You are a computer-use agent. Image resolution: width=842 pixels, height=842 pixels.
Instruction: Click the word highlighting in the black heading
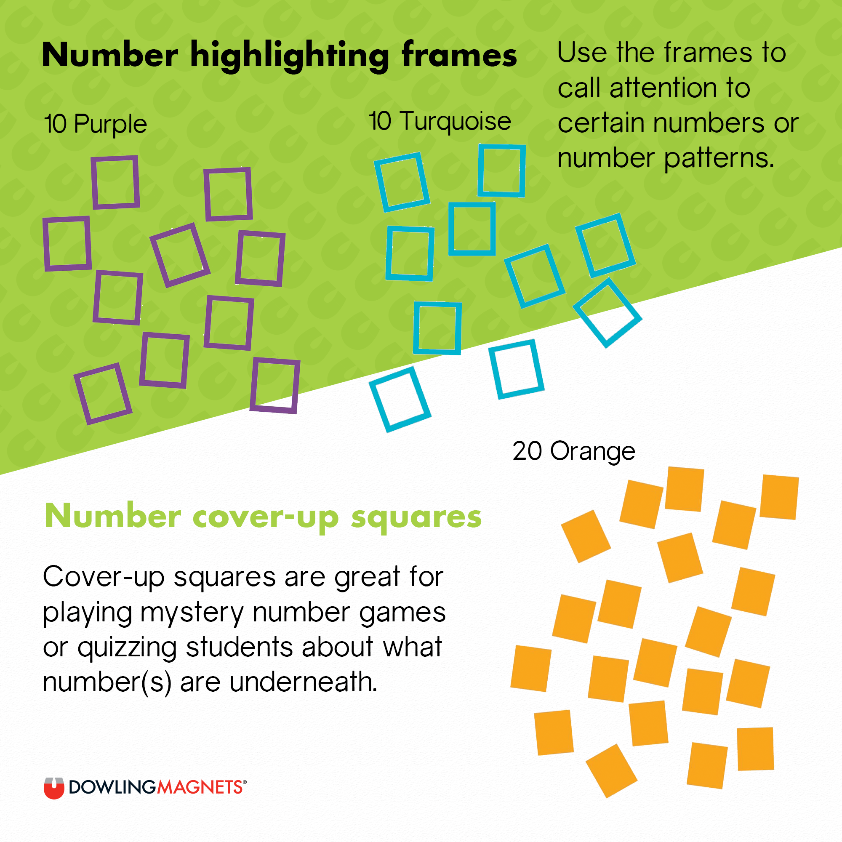tap(289, 56)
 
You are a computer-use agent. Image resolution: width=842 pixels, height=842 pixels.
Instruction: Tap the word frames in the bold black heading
tap(459, 54)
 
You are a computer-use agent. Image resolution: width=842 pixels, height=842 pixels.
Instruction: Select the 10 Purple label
tap(96, 125)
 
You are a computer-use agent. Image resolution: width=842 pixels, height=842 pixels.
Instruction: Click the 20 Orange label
tap(573, 452)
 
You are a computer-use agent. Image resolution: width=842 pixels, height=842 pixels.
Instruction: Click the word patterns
tap(719, 159)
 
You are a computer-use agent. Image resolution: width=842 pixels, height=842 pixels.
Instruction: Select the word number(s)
tap(107, 683)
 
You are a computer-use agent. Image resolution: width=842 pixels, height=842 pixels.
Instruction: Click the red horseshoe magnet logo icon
tap(54, 789)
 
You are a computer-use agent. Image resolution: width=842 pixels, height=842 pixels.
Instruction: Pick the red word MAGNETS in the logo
tap(200, 788)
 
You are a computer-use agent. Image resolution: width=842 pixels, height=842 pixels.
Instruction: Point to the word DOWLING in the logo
tap(112, 788)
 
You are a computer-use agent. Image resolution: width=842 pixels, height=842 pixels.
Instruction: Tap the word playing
tap(87, 614)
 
